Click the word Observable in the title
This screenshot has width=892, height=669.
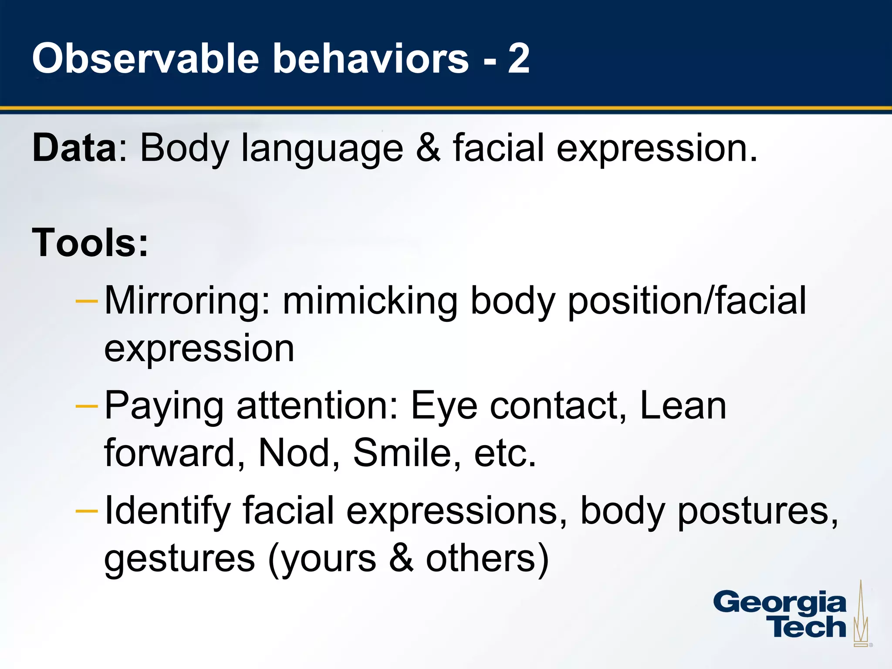pyautogui.click(x=145, y=59)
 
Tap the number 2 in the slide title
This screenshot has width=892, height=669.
pyautogui.click(x=518, y=59)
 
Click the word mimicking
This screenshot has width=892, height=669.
pyautogui.click(x=370, y=301)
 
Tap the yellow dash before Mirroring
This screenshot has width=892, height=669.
pyautogui.click(x=87, y=301)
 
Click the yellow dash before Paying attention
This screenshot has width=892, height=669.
pyautogui.click(x=87, y=406)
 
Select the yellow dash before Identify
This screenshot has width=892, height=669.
pyautogui.click(x=87, y=511)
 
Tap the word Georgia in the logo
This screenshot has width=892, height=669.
pyautogui.click(x=780, y=604)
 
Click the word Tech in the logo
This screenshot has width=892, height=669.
pyautogui.click(x=808, y=627)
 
